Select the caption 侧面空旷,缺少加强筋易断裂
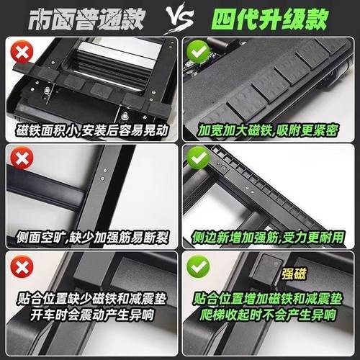(x=89, y=237)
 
